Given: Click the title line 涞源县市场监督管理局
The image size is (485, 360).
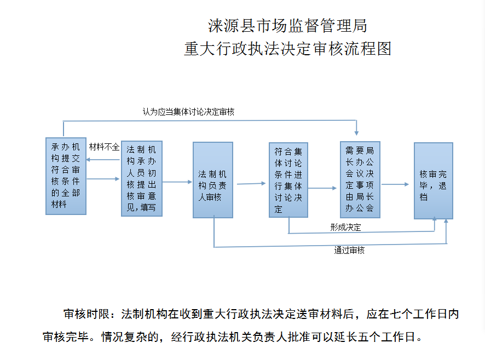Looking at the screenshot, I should click(x=287, y=26).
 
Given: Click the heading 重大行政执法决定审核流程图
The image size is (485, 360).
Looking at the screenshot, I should click(x=287, y=49).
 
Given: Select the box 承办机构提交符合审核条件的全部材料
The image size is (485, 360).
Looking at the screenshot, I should click(x=66, y=176).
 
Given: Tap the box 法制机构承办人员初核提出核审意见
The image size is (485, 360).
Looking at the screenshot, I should click(x=142, y=178).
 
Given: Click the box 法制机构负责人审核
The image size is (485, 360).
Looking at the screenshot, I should click(x=213, y=180).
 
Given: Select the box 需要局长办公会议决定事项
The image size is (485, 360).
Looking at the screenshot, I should click(x=360, y=179).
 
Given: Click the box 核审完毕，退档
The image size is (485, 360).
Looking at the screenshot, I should click(x=433, y=181).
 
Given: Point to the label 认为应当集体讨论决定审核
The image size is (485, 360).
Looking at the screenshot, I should click(x=188, y=112).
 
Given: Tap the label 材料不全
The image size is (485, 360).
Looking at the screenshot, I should click(x=104, y=147).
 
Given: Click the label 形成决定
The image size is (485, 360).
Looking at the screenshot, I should click(x=345, y=227).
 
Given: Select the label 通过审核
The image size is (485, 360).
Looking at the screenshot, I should click(x=349, y=251).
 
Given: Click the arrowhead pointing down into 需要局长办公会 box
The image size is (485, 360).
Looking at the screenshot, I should click(x=356, y=132).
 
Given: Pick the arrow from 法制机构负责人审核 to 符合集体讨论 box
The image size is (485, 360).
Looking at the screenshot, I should click(x=251, y=183).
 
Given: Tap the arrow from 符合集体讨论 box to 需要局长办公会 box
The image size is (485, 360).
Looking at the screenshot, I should click(x=324, y=188).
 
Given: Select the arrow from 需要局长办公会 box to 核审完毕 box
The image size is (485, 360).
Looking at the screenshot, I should click(x=397, y=184).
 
